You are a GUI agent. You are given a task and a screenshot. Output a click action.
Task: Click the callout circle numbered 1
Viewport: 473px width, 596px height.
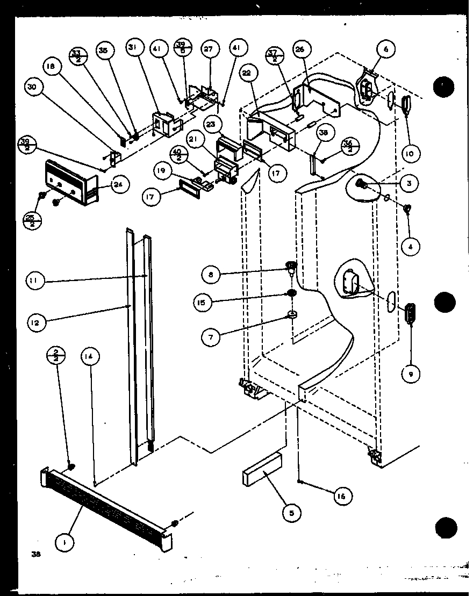pos(65,543)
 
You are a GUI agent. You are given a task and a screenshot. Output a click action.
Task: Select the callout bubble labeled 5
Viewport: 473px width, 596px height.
pos(291,513)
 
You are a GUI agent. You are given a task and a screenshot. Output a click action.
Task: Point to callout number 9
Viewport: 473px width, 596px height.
pos(411,375)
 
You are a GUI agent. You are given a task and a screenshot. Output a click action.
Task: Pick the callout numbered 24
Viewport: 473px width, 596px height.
pos(120,185)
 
